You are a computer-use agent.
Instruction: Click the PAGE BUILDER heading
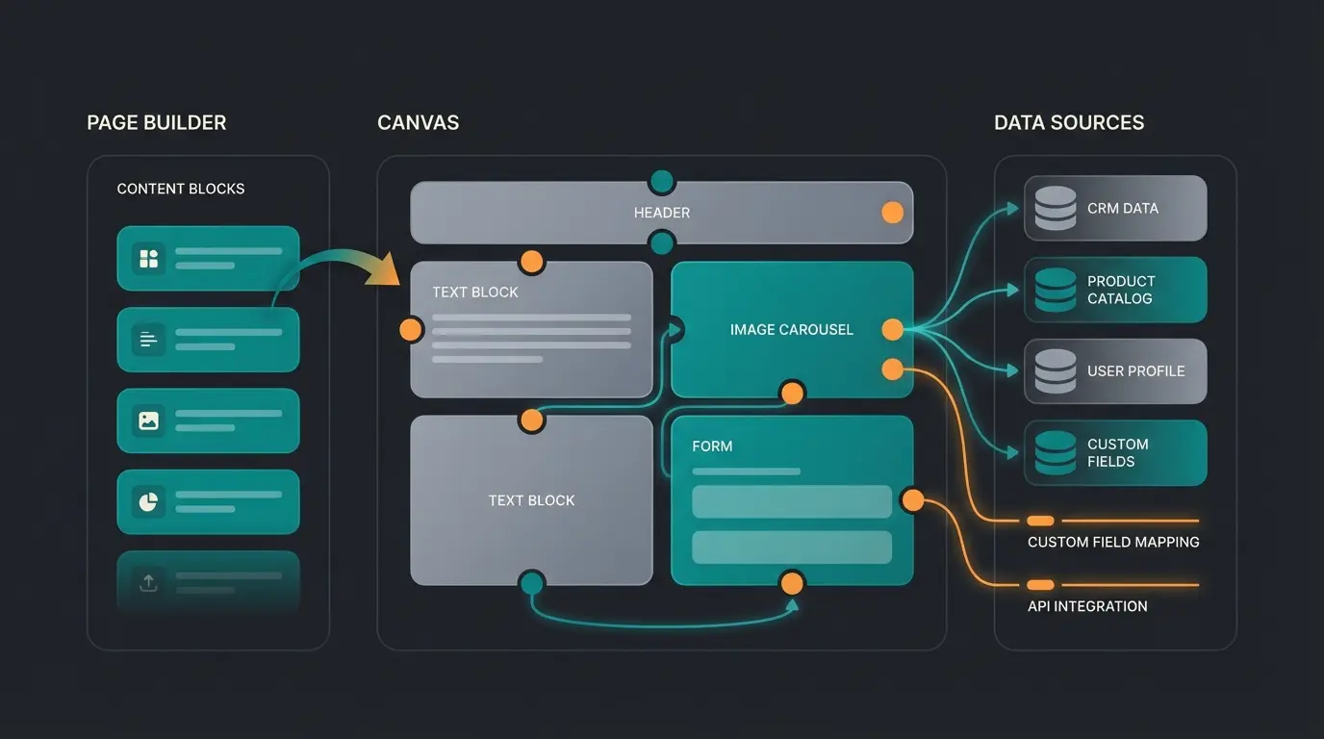pyautogui.click(x=157, y=123)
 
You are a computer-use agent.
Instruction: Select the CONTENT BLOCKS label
pyautogui.click(x=181, y=189)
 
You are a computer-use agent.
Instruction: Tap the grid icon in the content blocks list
pyautogui.click(x=148, y=258)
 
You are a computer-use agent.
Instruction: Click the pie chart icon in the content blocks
pyautogui.click(x=148, y=501)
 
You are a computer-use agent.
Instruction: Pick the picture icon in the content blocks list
pyautogui.click(x=148, y=420)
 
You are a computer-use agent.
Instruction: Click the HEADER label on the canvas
pyautogui.click(x=662, y=213)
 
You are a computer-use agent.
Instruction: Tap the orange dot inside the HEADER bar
pyautogui.click(x=893, y=213)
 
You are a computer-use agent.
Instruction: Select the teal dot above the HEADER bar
pyautogui.click(x=662, y=182)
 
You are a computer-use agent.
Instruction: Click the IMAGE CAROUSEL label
pyautogui.click(x=791, y=330)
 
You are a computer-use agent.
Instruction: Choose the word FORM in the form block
pyautogui.click(x=712, y=446)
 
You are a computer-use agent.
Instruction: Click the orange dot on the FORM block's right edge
pyautogui.click(x=912, y=500)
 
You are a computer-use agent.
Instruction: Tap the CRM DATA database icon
pyautogui.click(x=1056, y=208)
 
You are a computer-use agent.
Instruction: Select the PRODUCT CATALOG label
pyautogui.click(x=1121, y=290)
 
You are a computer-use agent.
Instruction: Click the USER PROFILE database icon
pyautogui.click(x=1056, y=371)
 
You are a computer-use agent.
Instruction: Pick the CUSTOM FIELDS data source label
pyautogui.click(x=1118, y=452)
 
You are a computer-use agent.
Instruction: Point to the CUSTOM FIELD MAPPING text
pyautogui.click(x=1113, y=542)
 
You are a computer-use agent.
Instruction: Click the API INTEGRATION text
pyautogui.click(x=1087, y=606)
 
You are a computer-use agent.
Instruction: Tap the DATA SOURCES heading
pyautogui.click(x=1069, y=123)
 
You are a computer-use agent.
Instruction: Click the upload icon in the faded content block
pyautogui.click(x=148, y=582)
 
